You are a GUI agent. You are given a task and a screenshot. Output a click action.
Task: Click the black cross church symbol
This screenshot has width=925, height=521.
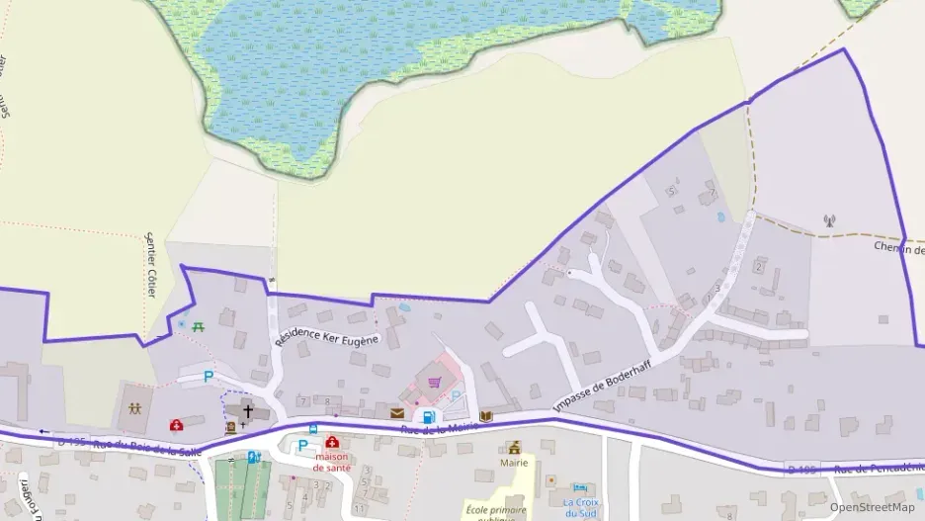click(x=247, y=409)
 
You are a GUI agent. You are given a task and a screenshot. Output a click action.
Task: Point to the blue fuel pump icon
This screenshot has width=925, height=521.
click(x=428, y=416)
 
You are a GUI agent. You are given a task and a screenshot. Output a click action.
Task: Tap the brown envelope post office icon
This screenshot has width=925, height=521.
click(x=397, y=413)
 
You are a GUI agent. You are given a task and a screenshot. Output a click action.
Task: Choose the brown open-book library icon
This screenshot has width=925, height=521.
click(x=485, y=416)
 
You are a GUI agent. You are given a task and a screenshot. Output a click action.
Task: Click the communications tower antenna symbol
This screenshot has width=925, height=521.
click(x=828, y=220)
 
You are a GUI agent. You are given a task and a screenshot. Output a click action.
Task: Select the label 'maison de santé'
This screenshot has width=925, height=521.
click(x=332, y=462)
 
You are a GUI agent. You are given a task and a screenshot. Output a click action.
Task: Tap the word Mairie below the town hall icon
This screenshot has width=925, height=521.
click(x=514, y=463)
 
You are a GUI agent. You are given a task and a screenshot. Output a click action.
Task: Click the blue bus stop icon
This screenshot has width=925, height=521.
click(x=313, y=429)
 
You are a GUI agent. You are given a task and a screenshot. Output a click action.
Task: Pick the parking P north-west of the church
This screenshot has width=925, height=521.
click(x=208, y=377)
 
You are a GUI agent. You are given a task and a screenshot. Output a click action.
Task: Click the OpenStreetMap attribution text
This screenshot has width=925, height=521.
click(x=872, y=507)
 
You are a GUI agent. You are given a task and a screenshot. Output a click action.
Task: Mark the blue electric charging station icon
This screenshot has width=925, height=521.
click(x=254, y=458)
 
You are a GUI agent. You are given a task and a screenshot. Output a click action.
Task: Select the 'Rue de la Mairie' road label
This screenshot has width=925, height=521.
click(x=439, y=427)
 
